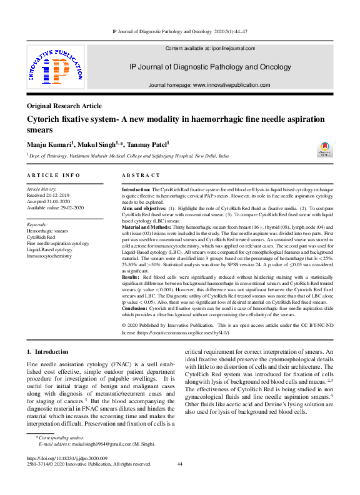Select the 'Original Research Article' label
pos(64,106)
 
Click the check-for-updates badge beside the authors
pos(326,147)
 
